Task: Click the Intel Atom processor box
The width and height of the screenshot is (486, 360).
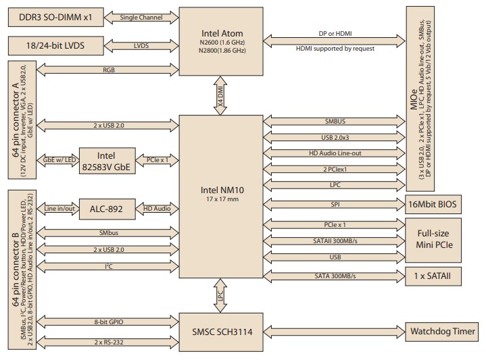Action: (x=222, y=43)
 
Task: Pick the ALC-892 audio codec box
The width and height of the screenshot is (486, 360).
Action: (x=106, y=209)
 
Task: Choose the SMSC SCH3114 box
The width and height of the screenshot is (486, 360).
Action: (x=222, y=332)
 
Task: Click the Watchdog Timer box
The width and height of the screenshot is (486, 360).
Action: (x=442, y=332)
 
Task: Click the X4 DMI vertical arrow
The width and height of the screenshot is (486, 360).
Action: (x=221, y=97)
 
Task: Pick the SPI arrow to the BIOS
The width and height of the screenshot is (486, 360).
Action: (x=334, y=203)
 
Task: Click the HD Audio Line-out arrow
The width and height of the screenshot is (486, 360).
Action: (x=334, y=153)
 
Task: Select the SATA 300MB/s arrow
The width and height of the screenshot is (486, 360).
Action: (x=334, y=276)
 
